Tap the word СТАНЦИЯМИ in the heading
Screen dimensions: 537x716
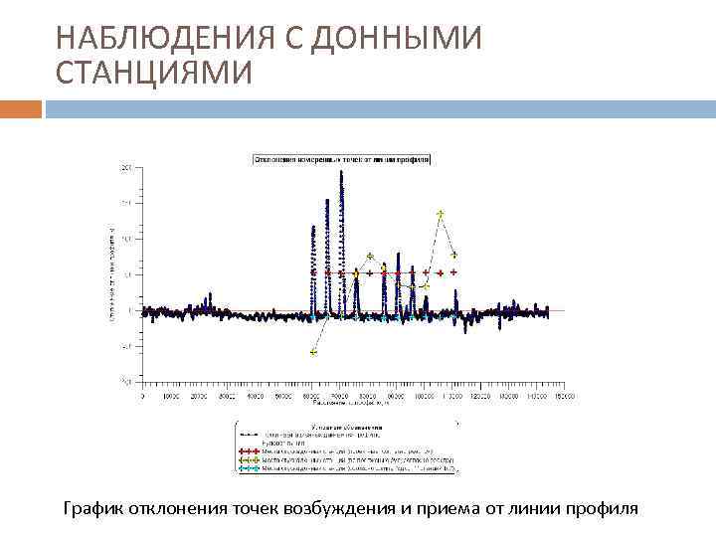[x=154, y=74]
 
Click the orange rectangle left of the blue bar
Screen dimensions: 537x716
[x=21, y=107]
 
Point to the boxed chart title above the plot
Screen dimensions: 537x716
[x=341, y=158]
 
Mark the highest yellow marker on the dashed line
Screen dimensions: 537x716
[x=441, y=214]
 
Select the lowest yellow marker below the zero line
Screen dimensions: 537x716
[x=314, y=352]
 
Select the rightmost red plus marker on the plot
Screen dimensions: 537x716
[x=453, y=271]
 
